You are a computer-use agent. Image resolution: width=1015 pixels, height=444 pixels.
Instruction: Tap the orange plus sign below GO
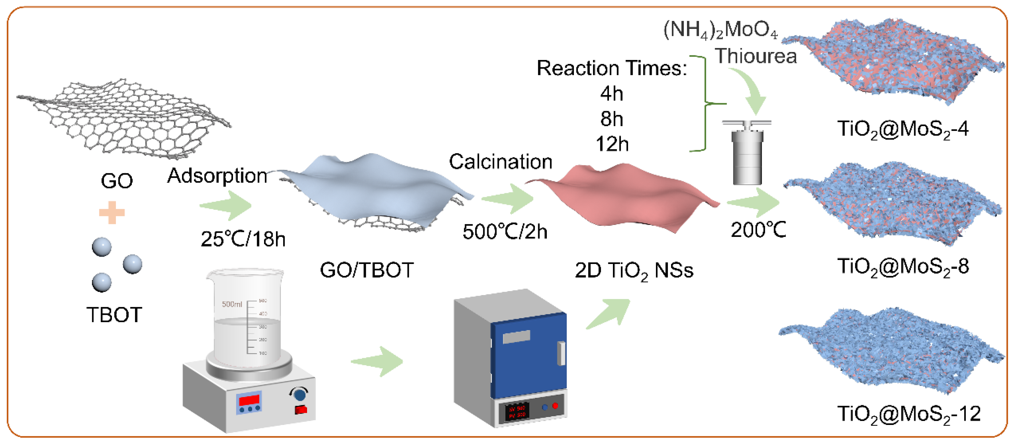(112, 213)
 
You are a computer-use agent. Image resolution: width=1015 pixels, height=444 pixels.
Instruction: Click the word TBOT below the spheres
(114, 315)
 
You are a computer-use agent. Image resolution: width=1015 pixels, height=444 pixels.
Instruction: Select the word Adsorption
(217, 176)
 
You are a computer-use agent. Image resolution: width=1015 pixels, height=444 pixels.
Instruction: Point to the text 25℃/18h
(243, 239)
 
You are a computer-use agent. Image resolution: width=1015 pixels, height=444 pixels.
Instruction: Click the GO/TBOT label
(366, 270)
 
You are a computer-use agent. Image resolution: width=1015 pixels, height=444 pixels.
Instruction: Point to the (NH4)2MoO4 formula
(720, 30)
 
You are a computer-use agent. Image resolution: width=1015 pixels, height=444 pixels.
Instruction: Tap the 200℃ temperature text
(758, 230)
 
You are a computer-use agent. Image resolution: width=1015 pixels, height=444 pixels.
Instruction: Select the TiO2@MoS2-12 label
(909, 414)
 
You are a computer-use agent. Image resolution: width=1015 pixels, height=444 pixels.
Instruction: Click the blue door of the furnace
(528, 355)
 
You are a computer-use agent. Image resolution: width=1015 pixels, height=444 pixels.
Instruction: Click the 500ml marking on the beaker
(232, 304)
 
